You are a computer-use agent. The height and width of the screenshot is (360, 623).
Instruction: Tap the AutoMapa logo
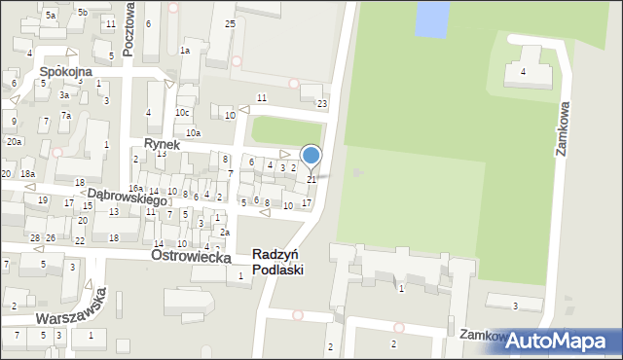tap(563, 341)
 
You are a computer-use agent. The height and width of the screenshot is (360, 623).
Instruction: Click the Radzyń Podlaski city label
tap(277, 262)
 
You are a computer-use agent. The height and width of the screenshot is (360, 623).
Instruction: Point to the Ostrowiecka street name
tap(191, 256)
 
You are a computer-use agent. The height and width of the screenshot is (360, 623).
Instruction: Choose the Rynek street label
tap(163, 143)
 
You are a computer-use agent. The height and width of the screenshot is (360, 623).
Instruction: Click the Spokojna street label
tap(65, 72)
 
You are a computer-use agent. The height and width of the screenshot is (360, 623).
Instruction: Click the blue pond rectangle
tap(432, 17)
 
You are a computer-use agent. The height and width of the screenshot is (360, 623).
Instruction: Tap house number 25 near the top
tap(230, 22)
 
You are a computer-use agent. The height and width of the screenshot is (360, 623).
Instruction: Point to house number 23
tap(322, 103)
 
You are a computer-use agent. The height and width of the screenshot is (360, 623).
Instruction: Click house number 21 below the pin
tap(312, 179)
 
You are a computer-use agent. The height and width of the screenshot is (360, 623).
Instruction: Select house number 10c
tap(182, 113)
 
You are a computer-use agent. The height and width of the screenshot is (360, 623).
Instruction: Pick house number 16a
tap(135, 189)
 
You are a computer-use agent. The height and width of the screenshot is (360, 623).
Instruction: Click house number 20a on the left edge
tap(14, 142)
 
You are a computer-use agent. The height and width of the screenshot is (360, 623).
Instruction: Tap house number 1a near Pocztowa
tap(185, 51)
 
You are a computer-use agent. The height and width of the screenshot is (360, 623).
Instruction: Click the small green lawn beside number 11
tap(286, 129)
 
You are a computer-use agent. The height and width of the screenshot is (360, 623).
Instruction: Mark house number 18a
tap(28, 173)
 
